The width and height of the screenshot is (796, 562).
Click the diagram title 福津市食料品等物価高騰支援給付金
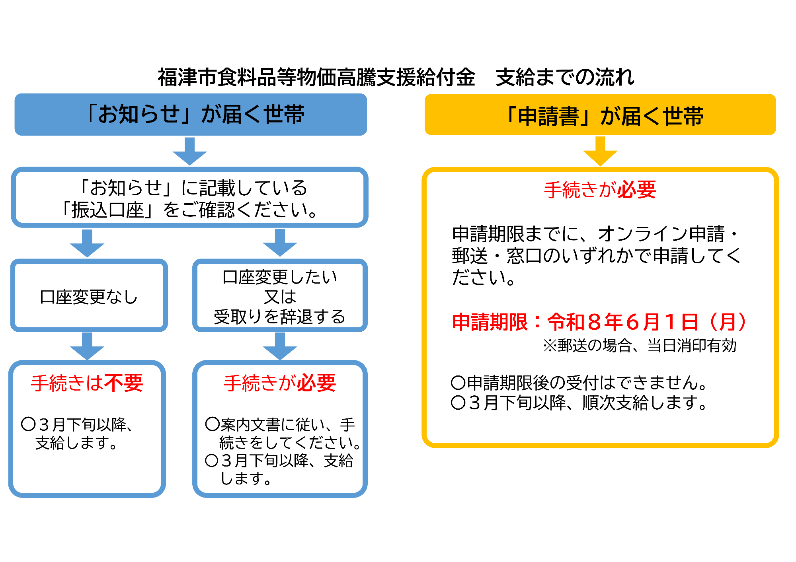coord(316,77)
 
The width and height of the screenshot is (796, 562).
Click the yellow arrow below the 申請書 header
coord(600,152)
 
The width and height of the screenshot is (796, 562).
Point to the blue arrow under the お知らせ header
coord(190,152)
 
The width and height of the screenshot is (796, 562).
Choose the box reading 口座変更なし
coord(89,296)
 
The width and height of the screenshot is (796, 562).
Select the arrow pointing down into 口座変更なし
coord(87,243)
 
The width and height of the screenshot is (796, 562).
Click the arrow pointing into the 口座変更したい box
coord(280,243)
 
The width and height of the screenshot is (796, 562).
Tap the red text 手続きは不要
coord(87,383)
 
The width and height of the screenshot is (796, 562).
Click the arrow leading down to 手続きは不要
coord(87,346)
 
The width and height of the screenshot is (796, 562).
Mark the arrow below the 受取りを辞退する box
coord(280,346)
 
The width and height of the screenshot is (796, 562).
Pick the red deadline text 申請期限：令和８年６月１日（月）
coord(599,322)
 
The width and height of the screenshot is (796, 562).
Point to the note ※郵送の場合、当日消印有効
coord(640,345)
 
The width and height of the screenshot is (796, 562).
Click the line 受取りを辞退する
coord(280,317)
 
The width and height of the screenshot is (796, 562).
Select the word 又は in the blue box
coord(280,297)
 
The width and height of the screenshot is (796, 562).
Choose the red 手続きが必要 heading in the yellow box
coord(600,190)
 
